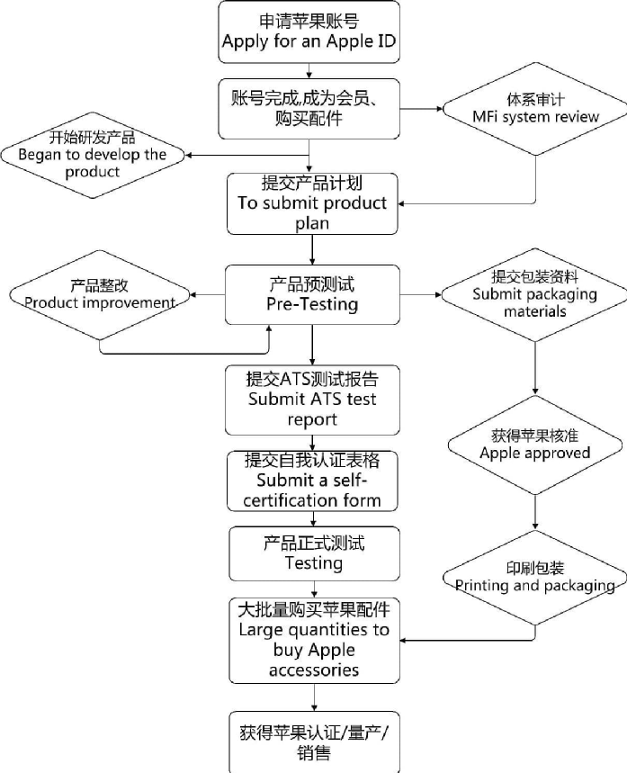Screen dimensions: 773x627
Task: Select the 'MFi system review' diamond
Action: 535,110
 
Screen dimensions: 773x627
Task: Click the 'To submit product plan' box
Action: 312,202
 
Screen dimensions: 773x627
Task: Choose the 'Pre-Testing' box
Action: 312,294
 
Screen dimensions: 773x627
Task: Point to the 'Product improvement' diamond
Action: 100,294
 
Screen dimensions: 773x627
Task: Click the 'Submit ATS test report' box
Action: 312,399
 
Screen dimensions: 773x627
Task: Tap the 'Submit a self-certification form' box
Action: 312,481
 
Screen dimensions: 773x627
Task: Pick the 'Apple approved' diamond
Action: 535,444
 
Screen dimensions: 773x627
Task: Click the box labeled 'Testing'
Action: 312,553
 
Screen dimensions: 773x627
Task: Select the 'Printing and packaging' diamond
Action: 535,577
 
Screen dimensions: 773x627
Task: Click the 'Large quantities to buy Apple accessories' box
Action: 314,639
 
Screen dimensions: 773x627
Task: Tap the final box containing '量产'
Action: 312,742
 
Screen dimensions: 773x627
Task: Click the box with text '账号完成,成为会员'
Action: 309,109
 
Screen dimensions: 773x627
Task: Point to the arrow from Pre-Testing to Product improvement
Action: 209,294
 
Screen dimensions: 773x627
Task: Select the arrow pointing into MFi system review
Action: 423,110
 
